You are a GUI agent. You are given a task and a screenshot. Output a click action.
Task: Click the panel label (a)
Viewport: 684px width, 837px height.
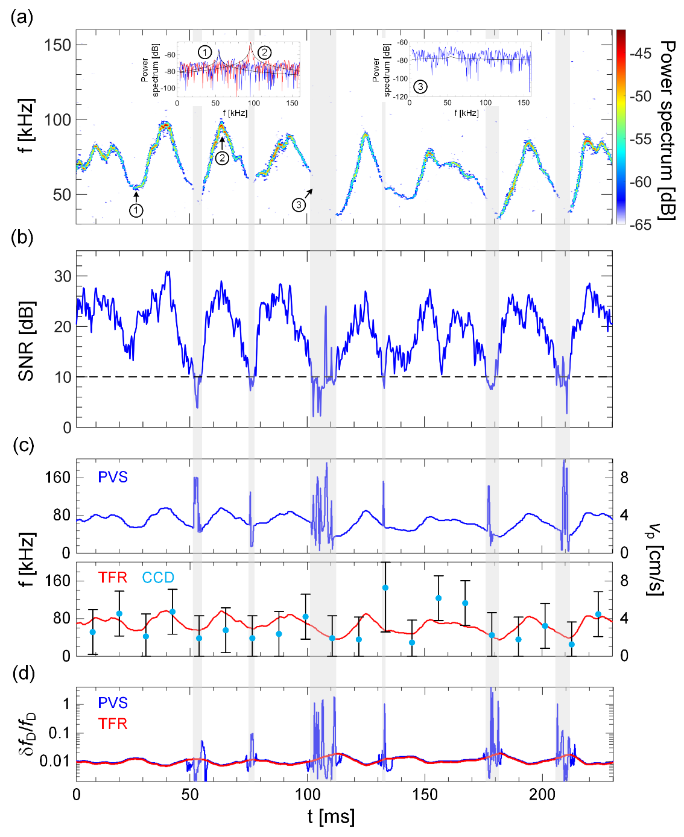pos(21,18)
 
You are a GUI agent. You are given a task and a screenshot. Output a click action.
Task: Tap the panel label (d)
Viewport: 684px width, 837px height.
pos(21,674)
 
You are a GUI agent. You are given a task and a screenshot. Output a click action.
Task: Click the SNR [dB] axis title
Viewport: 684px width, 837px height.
pos(26,341)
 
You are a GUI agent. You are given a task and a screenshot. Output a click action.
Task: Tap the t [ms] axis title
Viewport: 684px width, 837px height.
pos(331,817)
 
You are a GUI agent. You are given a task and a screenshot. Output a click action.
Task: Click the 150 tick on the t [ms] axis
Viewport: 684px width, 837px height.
pos(425,795)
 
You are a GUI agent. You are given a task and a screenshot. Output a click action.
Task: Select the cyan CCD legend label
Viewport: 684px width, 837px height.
pos(158,578)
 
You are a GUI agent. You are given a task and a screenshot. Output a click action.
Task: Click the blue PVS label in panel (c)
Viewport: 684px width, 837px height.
pos(113,478)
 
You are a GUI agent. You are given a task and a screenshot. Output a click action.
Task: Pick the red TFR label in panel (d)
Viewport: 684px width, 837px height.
pos(113,724)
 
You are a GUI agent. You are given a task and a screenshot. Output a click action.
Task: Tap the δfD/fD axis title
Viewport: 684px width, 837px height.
pos(26,734)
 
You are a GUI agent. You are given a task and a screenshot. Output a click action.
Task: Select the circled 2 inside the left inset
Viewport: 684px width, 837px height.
pos(264,52)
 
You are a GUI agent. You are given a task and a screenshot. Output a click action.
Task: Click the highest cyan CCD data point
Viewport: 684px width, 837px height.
pos(385,587)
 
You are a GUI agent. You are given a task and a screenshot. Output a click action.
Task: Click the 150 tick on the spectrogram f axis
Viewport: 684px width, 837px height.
pos(57,45)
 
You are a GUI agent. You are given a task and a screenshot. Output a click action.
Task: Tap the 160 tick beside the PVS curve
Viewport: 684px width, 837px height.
pos(58,478)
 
